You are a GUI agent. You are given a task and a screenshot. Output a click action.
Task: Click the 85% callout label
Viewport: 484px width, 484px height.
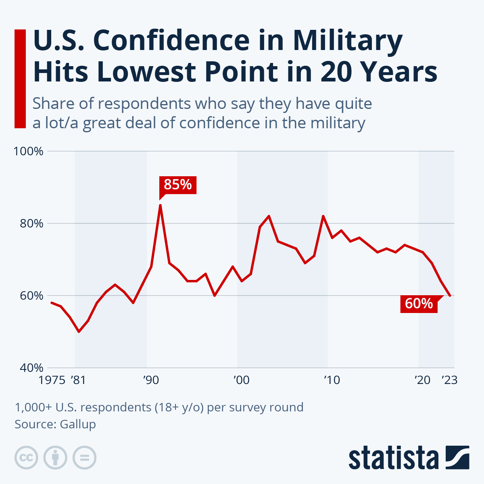pyautogui.click(x=178, y=185)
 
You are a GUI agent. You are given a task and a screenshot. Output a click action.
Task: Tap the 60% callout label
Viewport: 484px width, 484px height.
pyautogui.click(x=419, y=303)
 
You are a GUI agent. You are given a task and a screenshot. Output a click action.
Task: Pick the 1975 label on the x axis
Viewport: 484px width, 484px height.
pyautogui.click(x=52, y=380)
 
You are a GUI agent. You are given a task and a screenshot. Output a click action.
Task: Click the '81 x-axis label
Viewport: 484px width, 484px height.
pyautogui.click(x=78, y=380)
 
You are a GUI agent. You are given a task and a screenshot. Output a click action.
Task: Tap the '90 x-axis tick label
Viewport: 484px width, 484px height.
pyautogui.click(x=150, y=380)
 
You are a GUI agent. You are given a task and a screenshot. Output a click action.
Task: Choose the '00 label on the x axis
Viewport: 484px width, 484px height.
pyautogui.click(x=241, y=380)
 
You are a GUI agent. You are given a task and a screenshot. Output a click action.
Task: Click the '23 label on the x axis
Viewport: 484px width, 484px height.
pyautogui.click(x=449, y=380)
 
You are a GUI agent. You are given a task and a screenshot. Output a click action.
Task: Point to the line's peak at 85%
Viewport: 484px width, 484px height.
pyautogui.click(x=160, y=205)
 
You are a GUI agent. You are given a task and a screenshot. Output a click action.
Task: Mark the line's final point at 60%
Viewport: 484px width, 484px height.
pyautogui.click(x=450, y=296)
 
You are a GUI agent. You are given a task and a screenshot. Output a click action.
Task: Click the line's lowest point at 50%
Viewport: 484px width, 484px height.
pyautogui.click(x=79, y=332)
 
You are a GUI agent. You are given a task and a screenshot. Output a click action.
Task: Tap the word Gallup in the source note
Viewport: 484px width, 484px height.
pyautogui.click(x=78, y=424)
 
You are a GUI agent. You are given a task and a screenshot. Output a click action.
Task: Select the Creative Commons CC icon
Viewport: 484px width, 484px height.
pyautogui.click(x=26, y=458)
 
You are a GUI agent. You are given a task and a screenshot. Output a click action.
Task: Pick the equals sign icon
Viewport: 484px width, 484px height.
pyautogui.click(x=84, y=458)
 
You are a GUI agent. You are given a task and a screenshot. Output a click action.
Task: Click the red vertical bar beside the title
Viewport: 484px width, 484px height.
pyautogui.click(x=20, y=79)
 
